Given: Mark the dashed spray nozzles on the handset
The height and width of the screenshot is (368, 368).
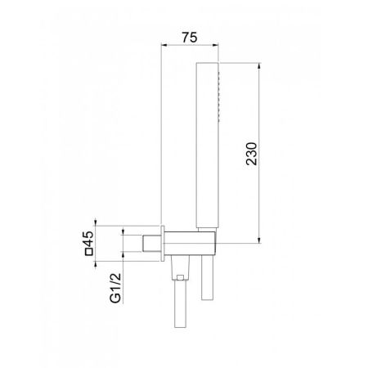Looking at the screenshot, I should pyautogui.click(x=218, y=83).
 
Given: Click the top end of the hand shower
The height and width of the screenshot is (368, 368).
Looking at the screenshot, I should pyautogui.click(x=207, y=64).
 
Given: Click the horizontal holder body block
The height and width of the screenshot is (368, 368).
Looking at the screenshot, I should pyautogui.click(x=191, y=242).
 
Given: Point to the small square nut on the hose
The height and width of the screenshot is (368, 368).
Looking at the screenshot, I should pyautogui.click(x=177, y=280).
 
